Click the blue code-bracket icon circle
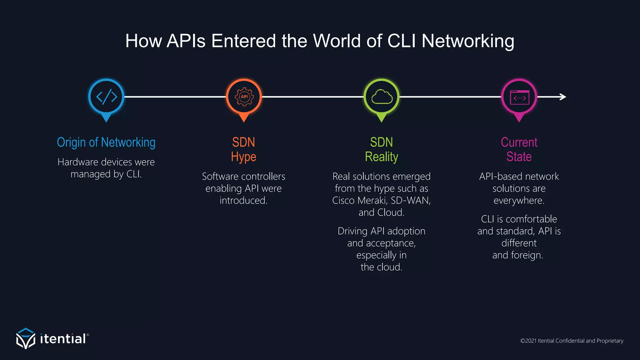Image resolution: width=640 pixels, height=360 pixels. (106, 97)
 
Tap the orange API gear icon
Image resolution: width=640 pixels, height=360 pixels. (244, 97)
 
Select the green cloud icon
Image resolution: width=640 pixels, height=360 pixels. (382, 97)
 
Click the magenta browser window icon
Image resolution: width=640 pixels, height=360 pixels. (519, 97)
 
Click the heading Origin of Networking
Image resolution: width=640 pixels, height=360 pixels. (106, 142)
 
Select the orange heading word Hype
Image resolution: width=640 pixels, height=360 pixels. (243, 157)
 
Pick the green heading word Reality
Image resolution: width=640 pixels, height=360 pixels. (381, 157)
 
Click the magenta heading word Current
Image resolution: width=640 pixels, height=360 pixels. (519, 142)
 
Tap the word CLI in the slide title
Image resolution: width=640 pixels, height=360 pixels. (401, 41)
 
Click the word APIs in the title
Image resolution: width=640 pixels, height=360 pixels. (186, 41)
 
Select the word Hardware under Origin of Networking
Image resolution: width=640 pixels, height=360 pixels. (78, 162)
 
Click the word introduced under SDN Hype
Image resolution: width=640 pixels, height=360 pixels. (243, 200)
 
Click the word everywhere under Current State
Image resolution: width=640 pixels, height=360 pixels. (519, 200)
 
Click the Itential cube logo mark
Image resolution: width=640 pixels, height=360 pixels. (26, 338)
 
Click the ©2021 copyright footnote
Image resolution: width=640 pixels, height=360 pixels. (572, 341)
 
